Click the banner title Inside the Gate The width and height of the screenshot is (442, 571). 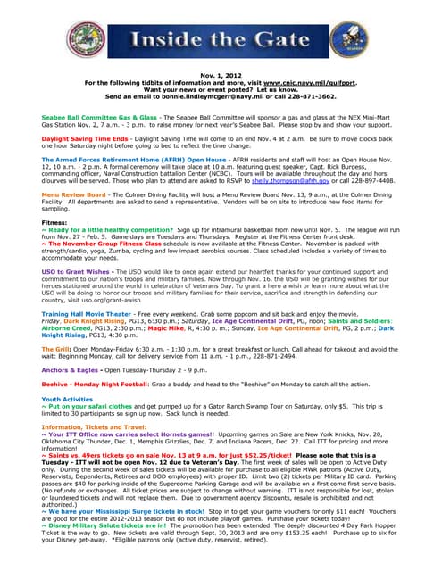click(x=222, y=39)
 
